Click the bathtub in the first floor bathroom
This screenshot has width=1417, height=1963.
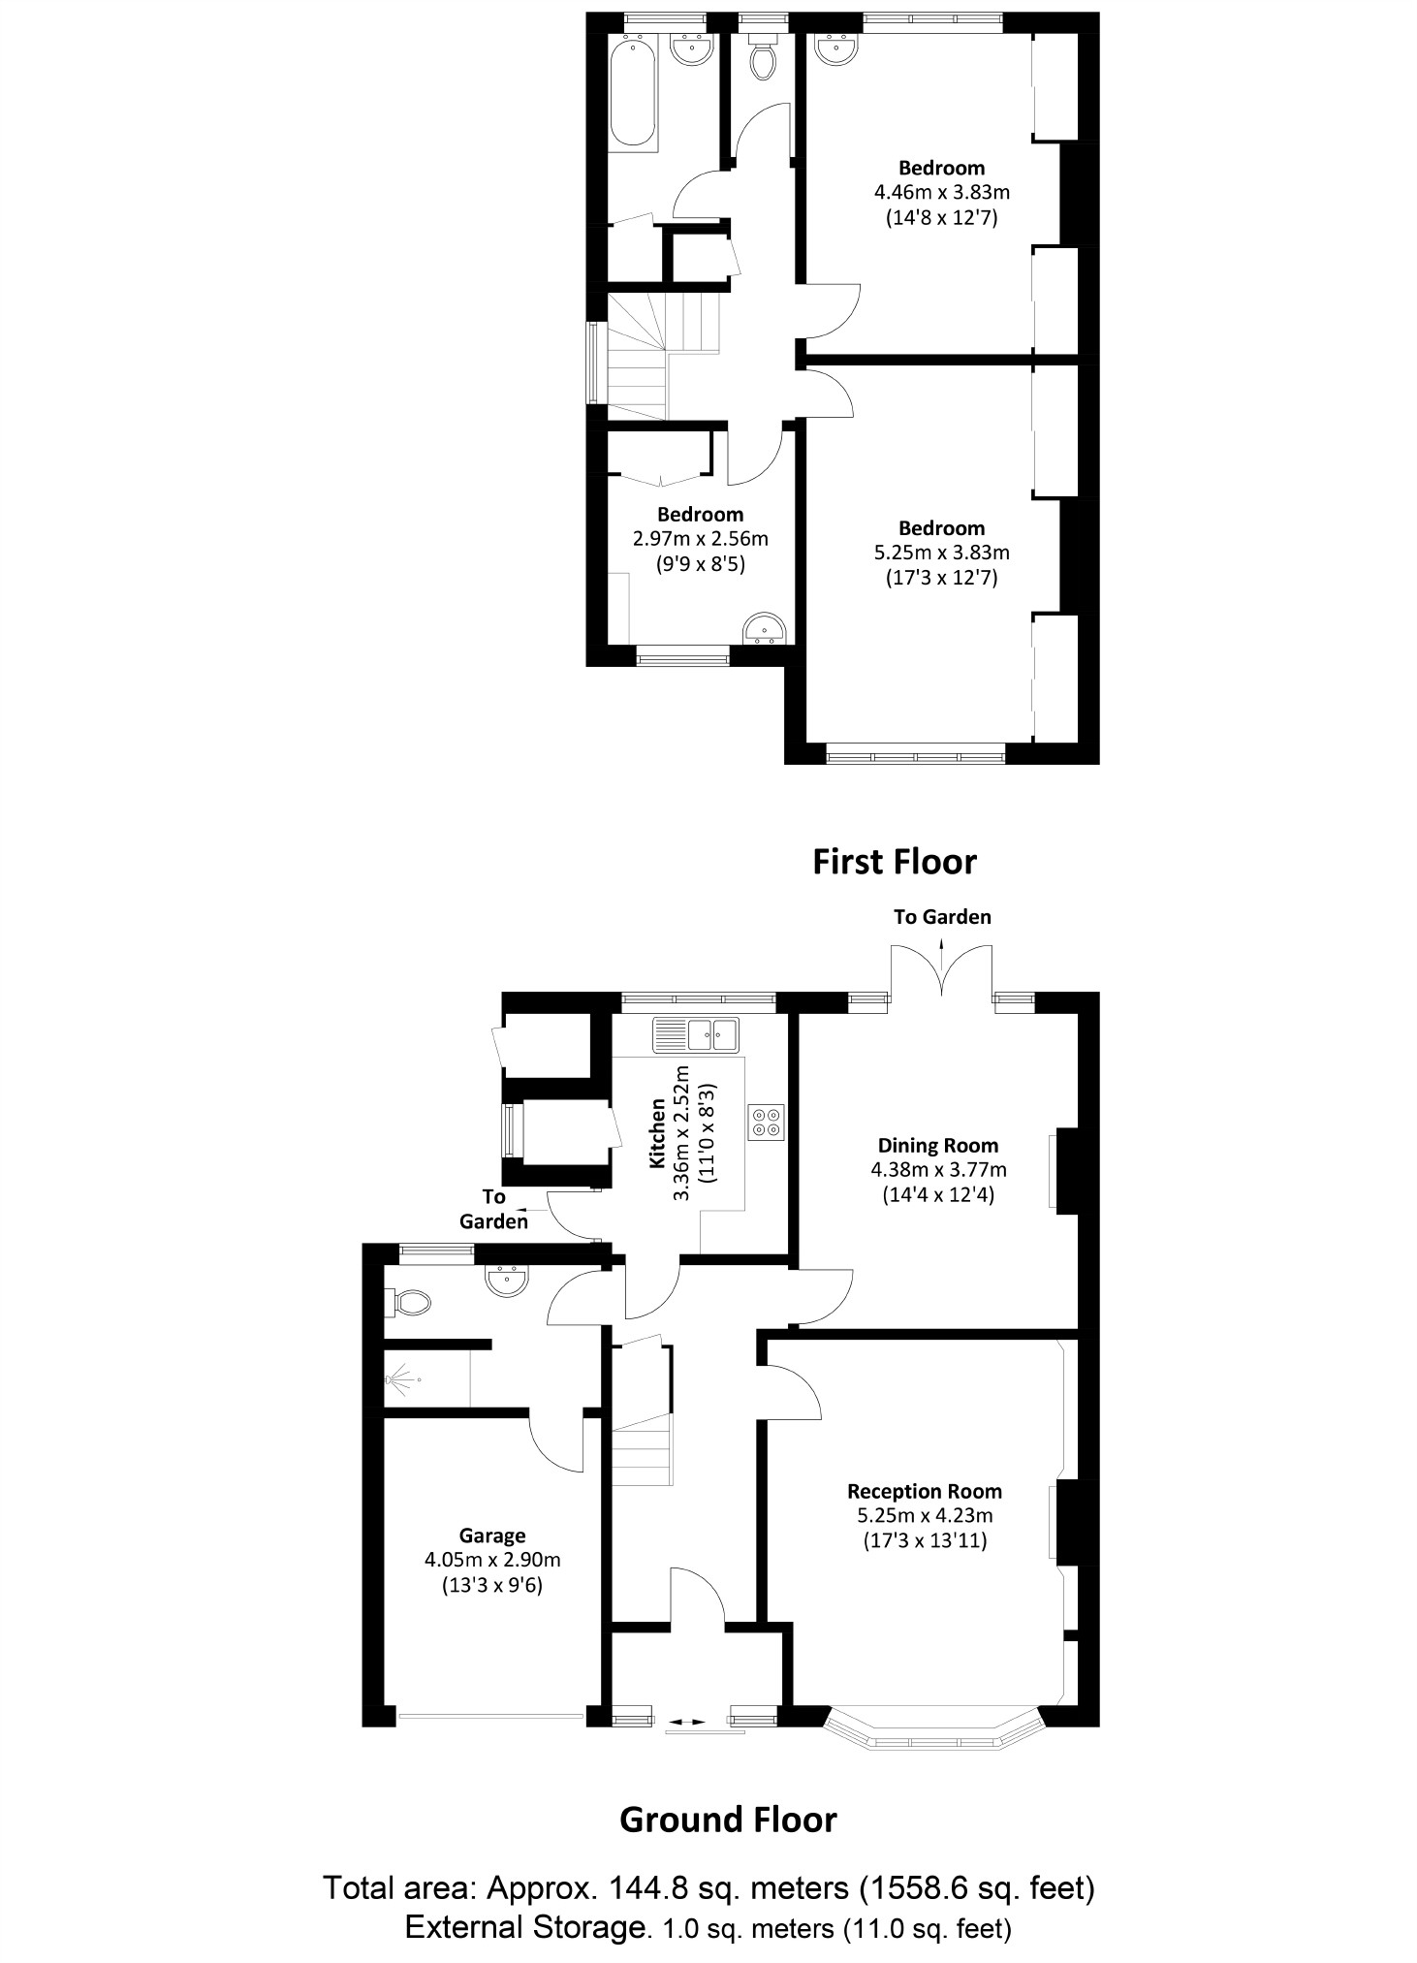[635, 92]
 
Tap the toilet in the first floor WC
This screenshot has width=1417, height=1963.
[763, 62]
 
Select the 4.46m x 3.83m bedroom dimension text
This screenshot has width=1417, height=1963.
[941, 193]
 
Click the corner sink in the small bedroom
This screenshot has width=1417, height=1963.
[766, 630]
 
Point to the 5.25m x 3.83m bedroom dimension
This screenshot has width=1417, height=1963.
[941, 553]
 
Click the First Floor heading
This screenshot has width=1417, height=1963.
[894, 862]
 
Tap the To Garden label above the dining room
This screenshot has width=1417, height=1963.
[942, 917]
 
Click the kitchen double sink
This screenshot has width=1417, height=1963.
[695, 1034]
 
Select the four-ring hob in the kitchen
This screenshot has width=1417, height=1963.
[766, 1123]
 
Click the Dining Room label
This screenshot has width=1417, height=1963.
[937, 1145]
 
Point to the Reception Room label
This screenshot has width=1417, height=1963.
[924, 1492]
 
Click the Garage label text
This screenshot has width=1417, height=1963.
[492, 1536]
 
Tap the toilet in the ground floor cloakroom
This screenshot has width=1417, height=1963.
[408, 1302]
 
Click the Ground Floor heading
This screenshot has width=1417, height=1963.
[727, 1821]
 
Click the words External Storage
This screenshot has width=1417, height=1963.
[523, 1925]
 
